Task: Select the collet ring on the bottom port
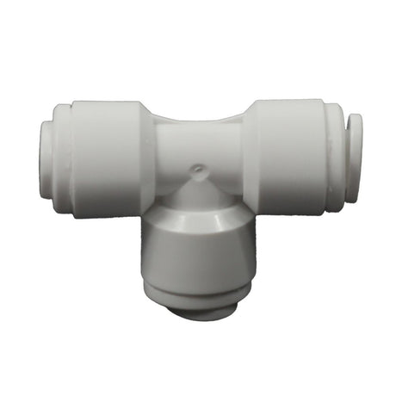click(x=197, y=303)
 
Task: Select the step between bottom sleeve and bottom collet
click(x=197, y=294)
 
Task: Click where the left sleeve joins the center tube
click(x=155, y=151)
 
